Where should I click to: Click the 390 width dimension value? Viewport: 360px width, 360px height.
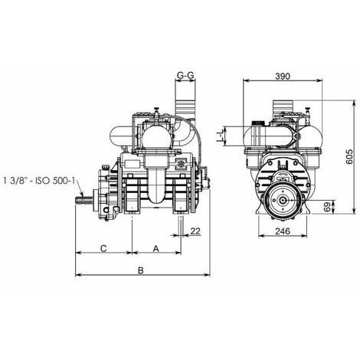click(283, 77)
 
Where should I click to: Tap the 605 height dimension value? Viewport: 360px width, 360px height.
click(349, 156)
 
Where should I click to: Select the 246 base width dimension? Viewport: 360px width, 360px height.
click(283, 231)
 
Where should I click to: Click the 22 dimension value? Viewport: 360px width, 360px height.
click(195, 231)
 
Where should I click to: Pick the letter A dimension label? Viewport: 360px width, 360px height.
click(155, 248)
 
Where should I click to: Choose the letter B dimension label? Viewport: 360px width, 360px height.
click(141, 270)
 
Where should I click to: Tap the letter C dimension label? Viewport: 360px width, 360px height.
click(103, 248)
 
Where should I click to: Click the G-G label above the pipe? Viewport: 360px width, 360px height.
click(185, 75)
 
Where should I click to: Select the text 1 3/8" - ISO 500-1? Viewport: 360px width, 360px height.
click(39, 181)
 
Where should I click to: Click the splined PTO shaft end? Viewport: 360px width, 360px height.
click(84, 200)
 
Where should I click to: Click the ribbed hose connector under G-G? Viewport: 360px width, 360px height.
click(185, 108)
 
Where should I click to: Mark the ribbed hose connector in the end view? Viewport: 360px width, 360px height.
click(283, 106)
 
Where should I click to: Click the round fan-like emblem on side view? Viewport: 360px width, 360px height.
click(182, 164)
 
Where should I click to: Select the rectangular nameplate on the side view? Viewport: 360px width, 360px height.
click(132, 164)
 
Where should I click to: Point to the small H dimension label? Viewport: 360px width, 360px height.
click(221, 136)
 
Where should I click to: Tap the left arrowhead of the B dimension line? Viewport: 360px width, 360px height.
click(78, 275)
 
